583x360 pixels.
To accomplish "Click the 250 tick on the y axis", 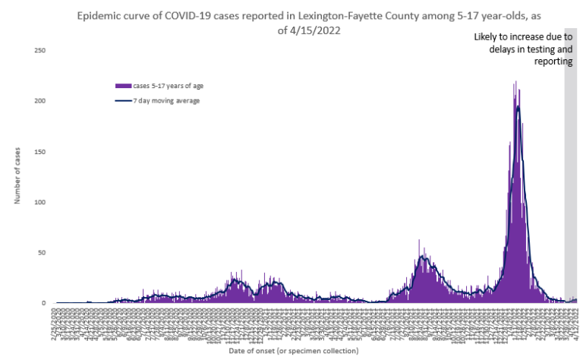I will tap(41, 51).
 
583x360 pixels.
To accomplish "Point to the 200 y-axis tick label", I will tap(41, 101).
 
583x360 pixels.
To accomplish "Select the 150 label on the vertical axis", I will tap(41, 152).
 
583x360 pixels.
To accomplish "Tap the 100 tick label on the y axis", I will tap(41, 202).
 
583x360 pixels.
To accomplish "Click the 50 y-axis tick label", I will tap(43, 253).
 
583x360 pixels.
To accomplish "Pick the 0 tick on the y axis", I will tap(44, 303).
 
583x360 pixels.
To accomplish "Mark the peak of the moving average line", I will tap(518, 106).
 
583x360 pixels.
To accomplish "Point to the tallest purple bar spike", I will tap(516, 82).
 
